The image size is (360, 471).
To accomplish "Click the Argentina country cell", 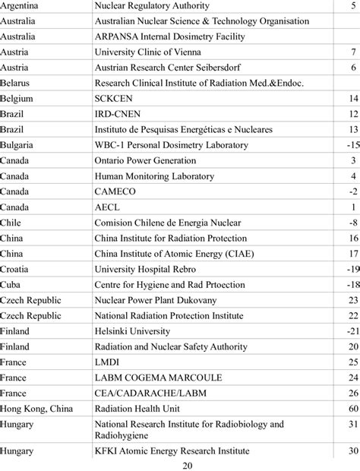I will click(22, 5).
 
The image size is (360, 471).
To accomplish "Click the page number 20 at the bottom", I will click(180, 465).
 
